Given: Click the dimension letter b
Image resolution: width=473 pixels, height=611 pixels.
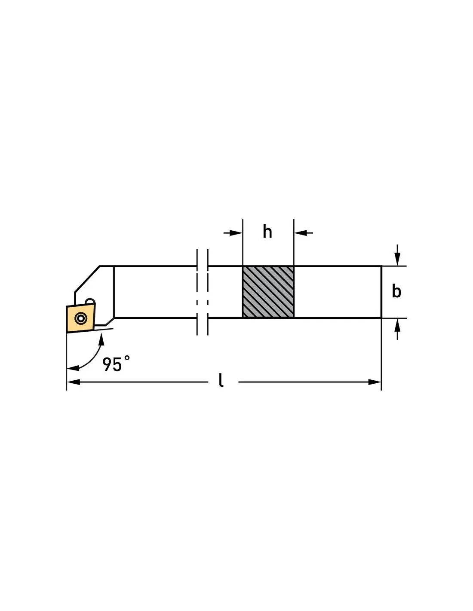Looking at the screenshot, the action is tap(396, 291).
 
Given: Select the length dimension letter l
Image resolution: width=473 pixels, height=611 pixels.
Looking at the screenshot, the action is tap(221, 380).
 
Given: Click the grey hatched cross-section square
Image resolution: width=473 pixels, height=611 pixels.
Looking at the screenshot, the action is tap(268, 292).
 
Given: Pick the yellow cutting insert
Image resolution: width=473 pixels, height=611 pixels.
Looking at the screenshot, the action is tap(81, 318).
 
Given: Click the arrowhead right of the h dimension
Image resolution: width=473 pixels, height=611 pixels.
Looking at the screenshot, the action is tap(300, 233).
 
